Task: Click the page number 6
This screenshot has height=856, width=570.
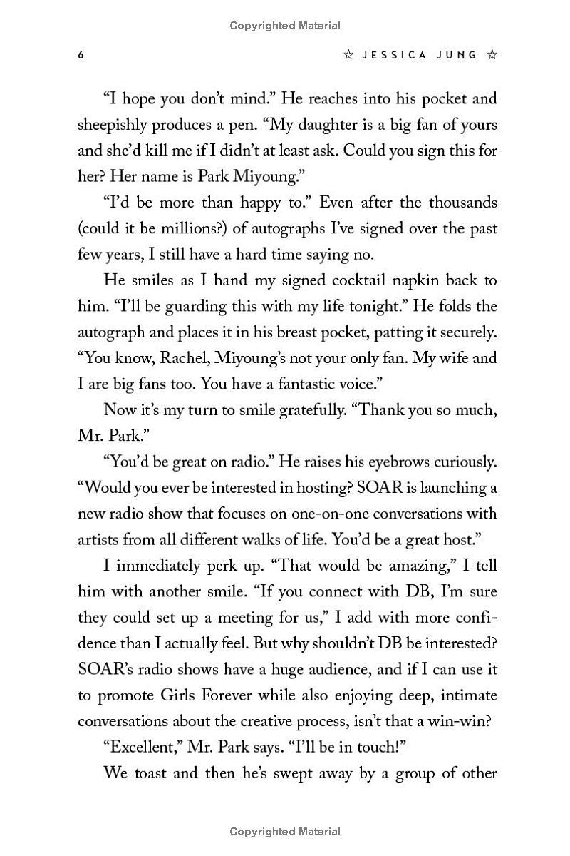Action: [x=81, y=55]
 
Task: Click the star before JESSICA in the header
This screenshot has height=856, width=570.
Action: [x=348, y=55]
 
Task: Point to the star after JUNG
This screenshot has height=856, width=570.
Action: [x=492, y=55]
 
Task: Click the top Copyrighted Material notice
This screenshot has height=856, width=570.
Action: [x=285, y=26]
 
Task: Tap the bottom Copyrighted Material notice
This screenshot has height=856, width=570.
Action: [x=285, y=831]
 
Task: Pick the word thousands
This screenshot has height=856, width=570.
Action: [x=461, y=203]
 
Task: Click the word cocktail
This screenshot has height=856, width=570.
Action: [x=352, y=280]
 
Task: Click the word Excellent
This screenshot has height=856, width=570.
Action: [x=142, y=746]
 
